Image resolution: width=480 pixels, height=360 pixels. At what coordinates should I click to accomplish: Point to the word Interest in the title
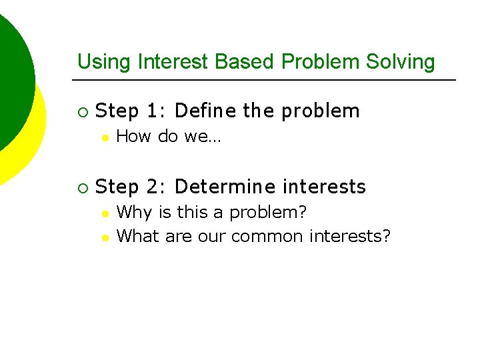[173, 62]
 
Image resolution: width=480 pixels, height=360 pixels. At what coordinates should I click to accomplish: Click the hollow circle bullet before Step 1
[81, 111]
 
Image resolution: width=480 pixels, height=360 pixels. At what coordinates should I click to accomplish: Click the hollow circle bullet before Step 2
[81, 187]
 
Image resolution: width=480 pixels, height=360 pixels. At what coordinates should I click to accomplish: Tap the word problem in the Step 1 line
[320, 111]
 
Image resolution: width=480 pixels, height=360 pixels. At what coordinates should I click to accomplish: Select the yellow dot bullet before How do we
[104, 137]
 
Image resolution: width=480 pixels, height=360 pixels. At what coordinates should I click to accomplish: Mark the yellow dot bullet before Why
[104, 213]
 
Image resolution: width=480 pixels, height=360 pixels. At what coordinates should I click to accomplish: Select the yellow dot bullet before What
[104, 237]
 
